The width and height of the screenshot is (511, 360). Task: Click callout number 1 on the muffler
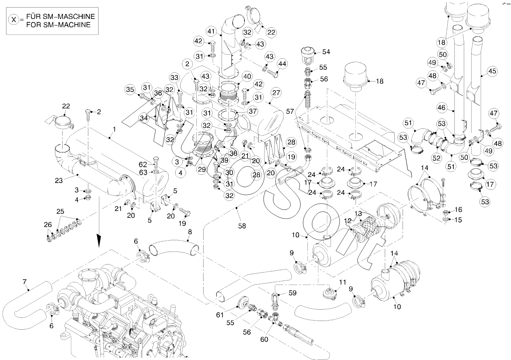[x=114, y=129]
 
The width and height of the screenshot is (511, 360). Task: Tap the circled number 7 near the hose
[x=24, y=282]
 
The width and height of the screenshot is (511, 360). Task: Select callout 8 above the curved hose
[x=190, y=231]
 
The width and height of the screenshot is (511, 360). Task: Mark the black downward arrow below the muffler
[x=99, y=240]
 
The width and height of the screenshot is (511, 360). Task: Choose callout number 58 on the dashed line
[x=242, y=226]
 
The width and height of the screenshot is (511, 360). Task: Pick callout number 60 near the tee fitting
[x=264, y=339]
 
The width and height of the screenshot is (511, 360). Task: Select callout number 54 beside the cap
[x=326, y=52]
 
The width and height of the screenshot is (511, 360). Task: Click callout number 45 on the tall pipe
[x=492, y=71]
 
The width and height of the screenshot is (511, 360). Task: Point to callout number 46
[x=441, y=108]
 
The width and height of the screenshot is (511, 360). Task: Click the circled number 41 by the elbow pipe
[x=212, y=31]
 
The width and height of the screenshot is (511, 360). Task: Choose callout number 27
[x=276, y=92]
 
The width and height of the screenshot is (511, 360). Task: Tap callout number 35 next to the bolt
[x=130, y=90]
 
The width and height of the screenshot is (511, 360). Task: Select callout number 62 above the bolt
[x=143, y=164]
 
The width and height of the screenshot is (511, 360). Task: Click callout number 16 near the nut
[x=458, y=209]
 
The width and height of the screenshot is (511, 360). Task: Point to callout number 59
[x=292, y=293]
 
